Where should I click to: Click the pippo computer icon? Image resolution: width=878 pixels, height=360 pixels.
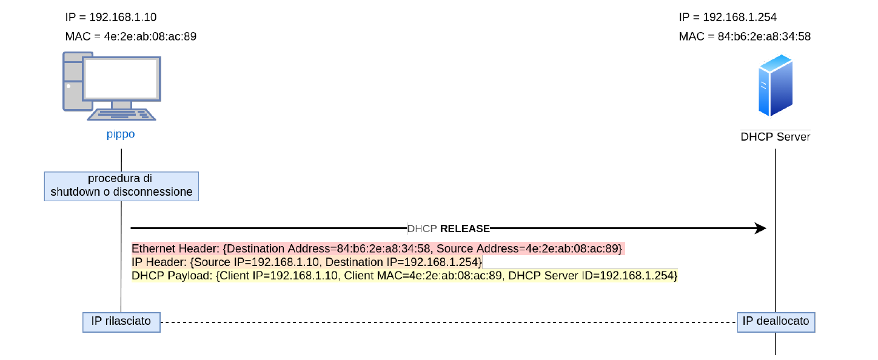click(112, 86)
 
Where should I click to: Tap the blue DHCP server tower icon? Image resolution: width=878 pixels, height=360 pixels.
click(776, 85)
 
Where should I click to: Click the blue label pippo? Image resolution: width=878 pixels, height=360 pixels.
click(121, 135)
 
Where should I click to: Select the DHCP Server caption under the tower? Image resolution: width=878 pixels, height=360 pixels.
click(775, 137)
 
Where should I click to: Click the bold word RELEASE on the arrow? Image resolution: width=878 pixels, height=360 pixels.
click(465, 228)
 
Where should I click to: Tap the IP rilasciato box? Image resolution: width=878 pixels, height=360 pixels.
click(121, 322)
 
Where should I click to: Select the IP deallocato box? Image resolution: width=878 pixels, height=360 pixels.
click(776, 322)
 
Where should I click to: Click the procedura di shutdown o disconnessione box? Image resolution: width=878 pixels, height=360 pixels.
click(121, 186)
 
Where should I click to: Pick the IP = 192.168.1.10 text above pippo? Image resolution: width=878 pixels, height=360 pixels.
click(111, 17)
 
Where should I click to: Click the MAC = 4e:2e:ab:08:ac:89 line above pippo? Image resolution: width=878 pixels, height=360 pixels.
click(130, 36)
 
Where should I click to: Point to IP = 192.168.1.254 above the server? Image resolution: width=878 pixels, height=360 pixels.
click(728, 17)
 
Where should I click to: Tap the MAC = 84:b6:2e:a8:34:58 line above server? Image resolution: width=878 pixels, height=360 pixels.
click(745, 36)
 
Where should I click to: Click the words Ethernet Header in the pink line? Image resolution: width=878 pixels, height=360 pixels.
click(175, 248)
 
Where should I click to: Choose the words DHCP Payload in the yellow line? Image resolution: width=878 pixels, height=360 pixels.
click(172, 276)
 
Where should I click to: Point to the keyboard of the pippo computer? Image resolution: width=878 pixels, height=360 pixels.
click(121, 115)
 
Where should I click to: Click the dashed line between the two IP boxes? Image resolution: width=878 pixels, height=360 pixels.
click(449, 322)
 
